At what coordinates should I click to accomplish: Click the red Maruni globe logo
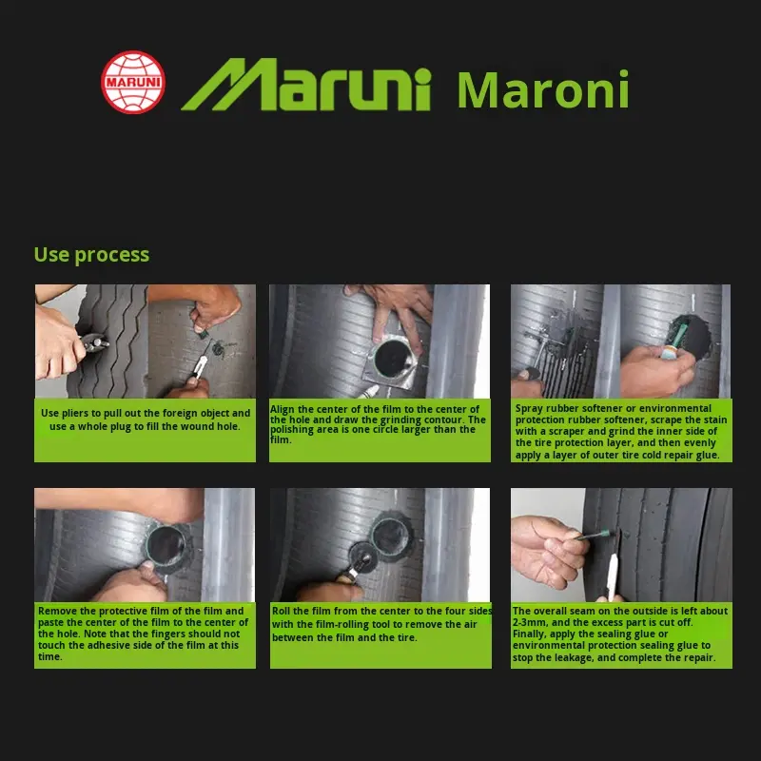coord(133,82)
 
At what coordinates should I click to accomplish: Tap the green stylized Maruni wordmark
coord(306,86)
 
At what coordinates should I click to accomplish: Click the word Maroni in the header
coord(542,90)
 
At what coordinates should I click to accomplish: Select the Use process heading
coord(91,254)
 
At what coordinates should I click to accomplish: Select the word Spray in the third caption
coord(530,409)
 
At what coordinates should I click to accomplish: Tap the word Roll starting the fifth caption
coord(282,611)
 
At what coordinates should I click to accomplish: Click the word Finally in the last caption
coord(530,634)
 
